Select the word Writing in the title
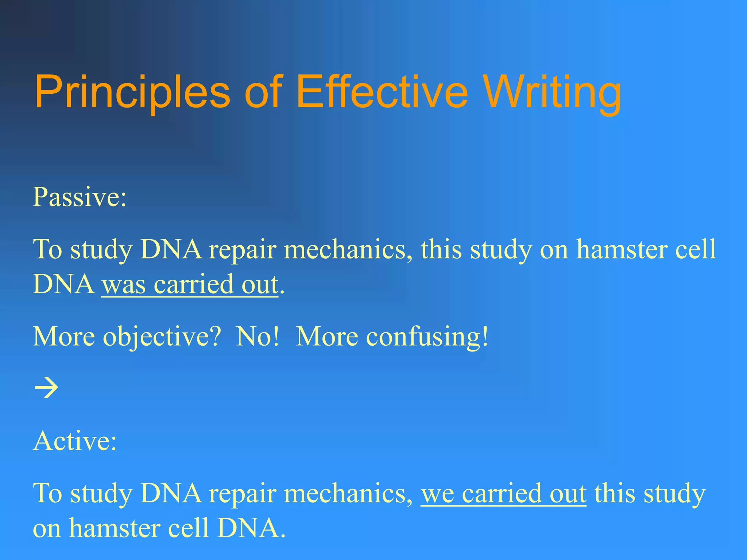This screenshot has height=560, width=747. click(x=553, y=92)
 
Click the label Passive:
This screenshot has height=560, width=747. click(x=80, y=197)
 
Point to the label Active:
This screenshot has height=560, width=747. click(x=75, y=441)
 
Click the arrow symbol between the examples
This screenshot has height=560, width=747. click(x=46, y=388)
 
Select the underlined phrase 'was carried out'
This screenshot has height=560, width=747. click(x=190, y=284)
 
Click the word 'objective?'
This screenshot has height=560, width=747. click(x=162, y=337)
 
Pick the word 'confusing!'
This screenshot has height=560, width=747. click(x=427, y=337)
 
